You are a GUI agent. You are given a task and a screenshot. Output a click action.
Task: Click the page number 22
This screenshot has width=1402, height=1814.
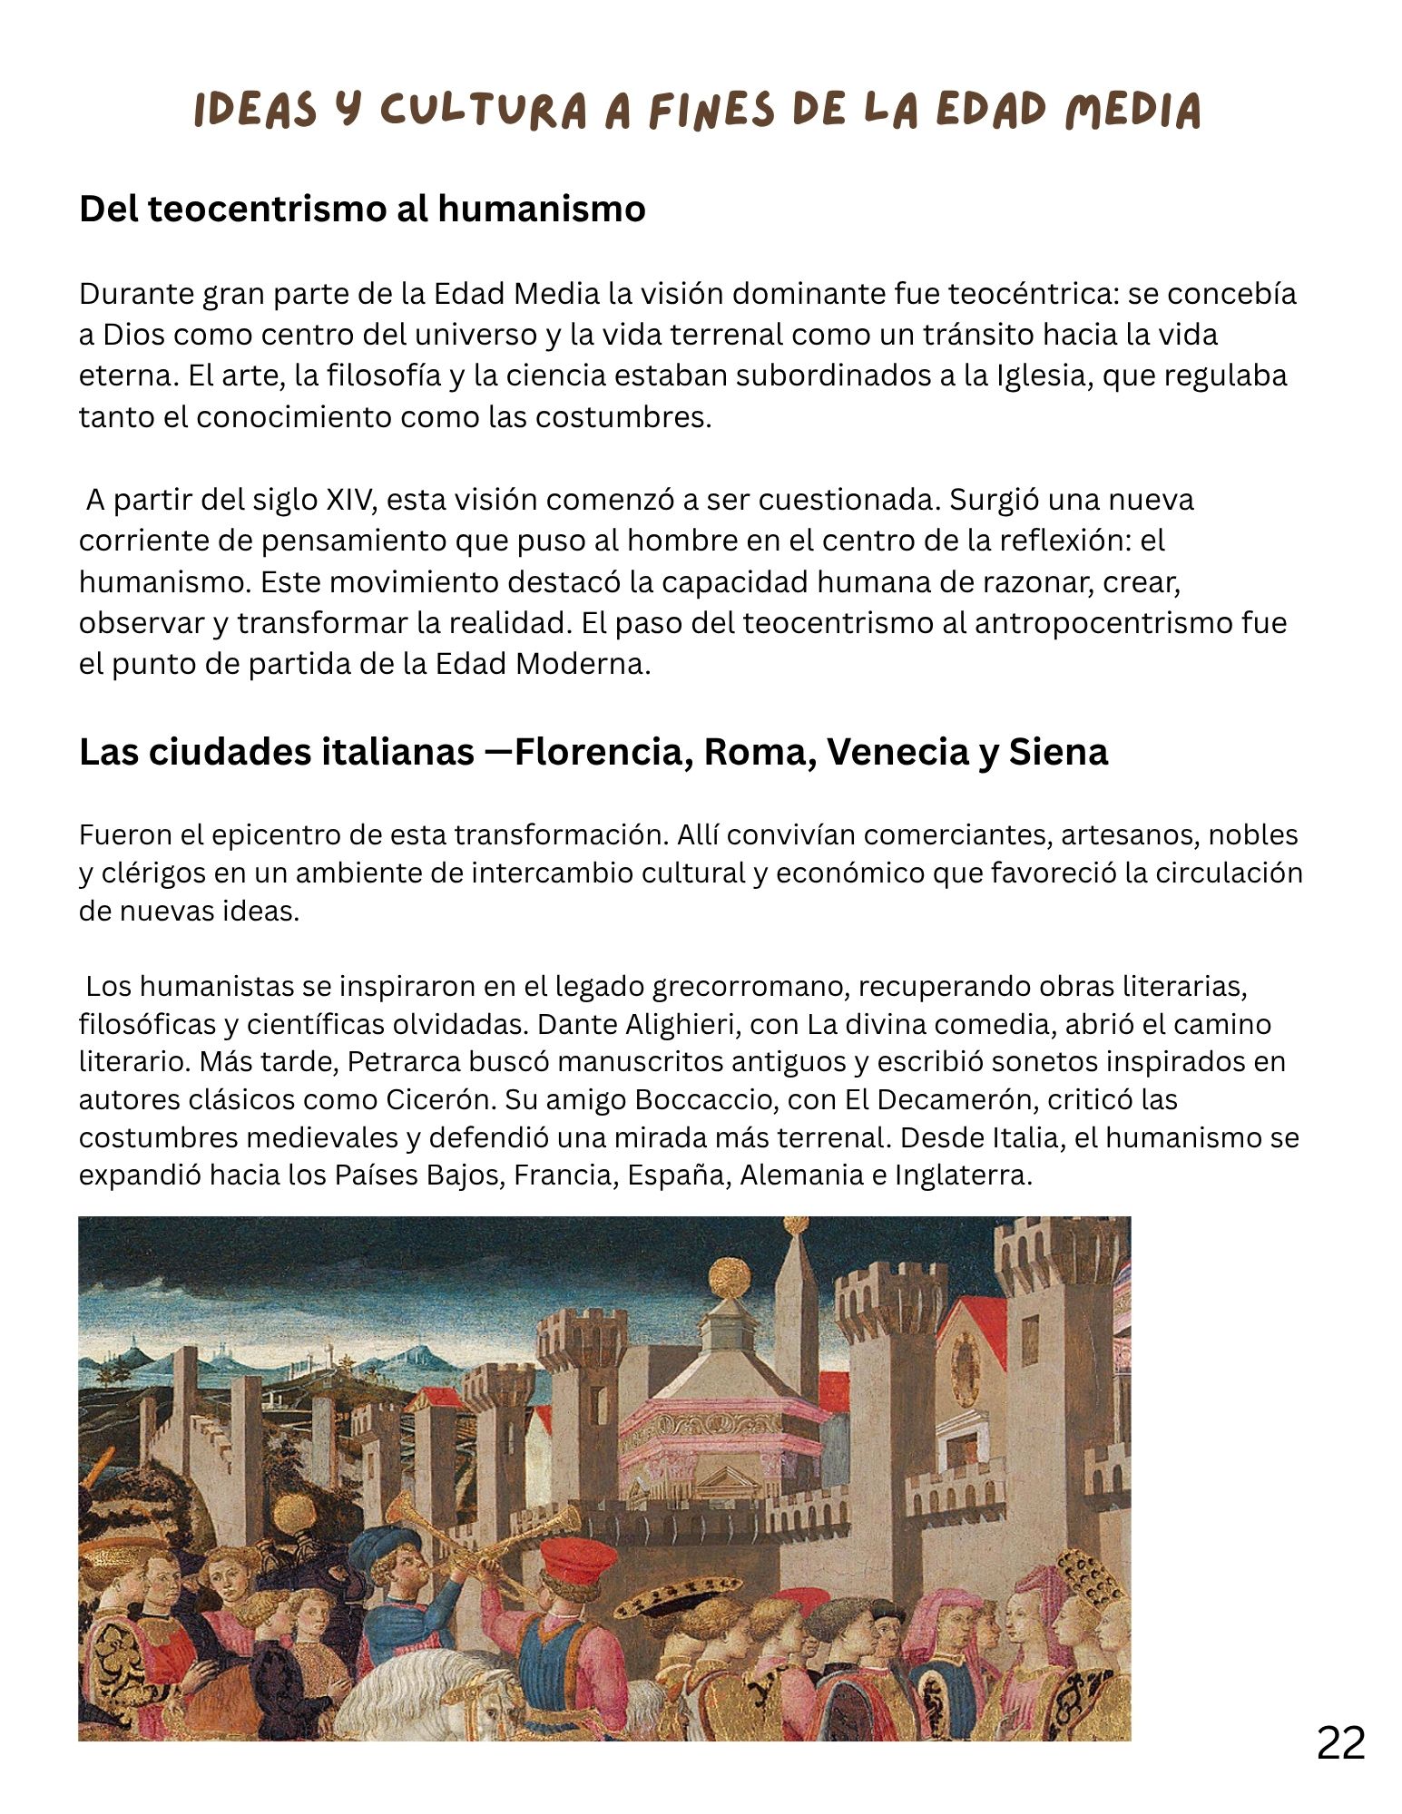click(1340, 1742)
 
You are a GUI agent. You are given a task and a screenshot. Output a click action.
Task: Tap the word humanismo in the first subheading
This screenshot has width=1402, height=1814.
click(542, 209)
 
